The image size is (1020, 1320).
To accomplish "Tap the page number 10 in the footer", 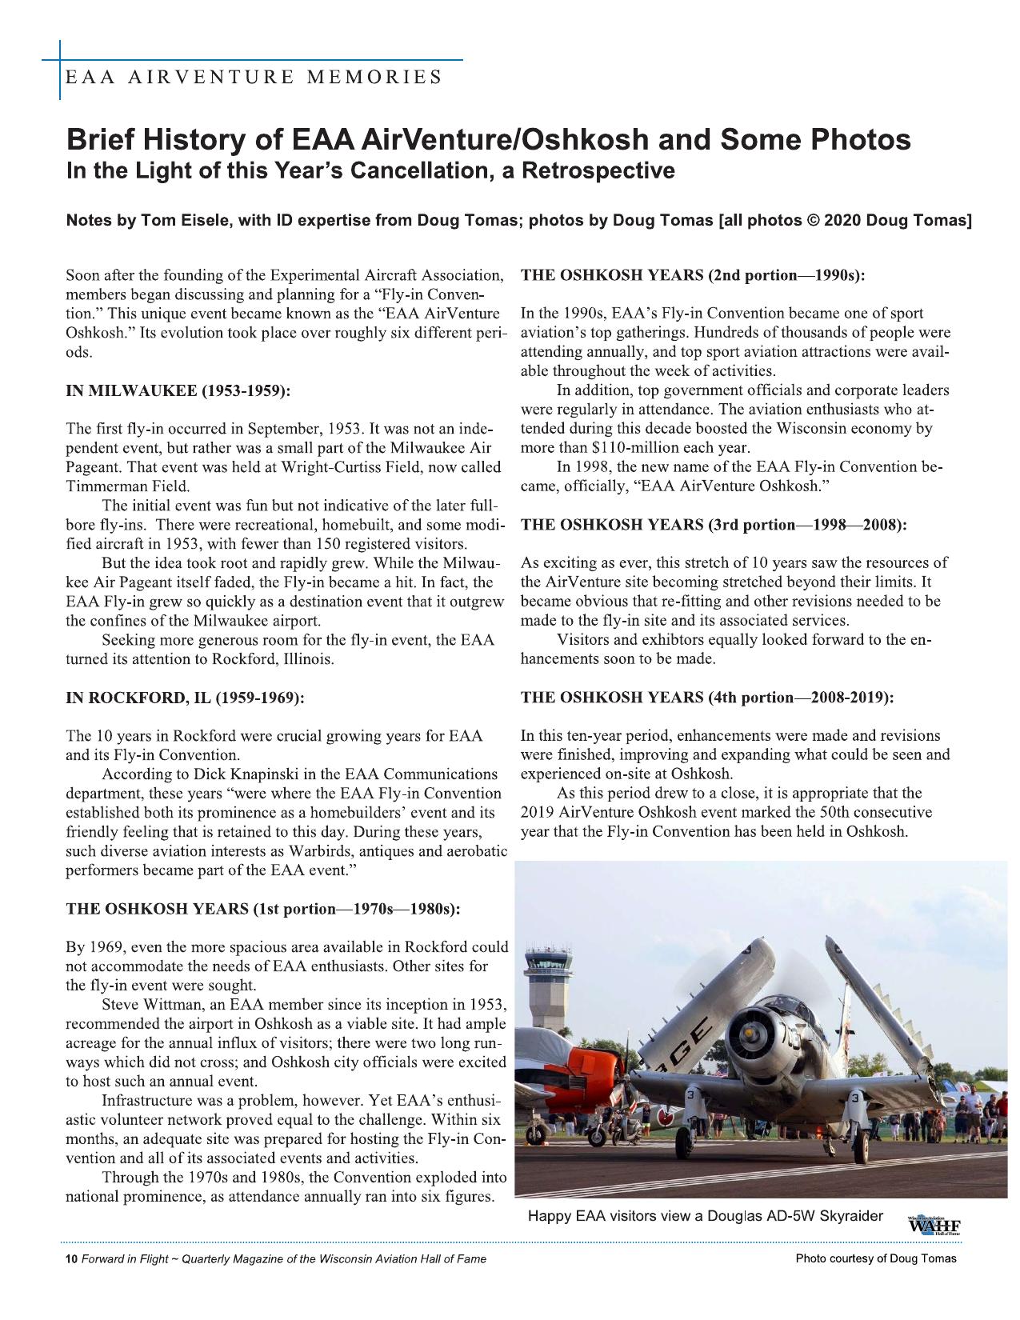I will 70,1259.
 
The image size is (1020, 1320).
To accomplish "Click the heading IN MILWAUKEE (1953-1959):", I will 178,391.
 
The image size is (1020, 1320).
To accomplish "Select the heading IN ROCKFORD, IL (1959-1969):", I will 185,698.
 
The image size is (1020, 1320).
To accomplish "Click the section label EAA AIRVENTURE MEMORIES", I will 254,78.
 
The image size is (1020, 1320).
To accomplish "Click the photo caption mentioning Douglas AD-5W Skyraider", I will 705,1217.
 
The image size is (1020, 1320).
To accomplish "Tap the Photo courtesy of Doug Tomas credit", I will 875,1259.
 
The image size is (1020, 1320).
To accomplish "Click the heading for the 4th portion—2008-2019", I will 707,698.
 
